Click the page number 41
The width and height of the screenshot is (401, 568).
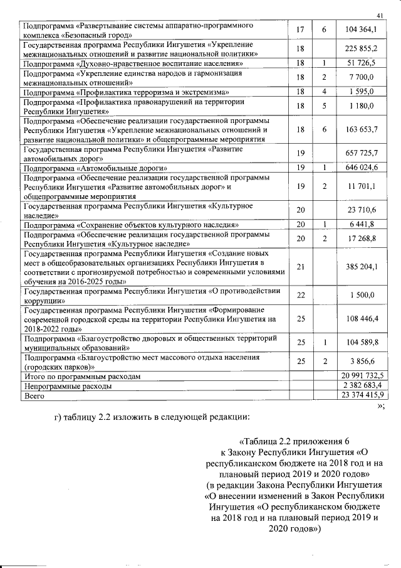pyautogui.click(x=380, y=15)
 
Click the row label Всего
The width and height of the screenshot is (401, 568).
pyautogui.click(x=33, y=396)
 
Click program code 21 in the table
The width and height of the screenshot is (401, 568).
pyautogui.click(x=300, y=267)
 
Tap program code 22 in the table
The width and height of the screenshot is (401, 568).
pyautogui.click(x=300, y=296)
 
